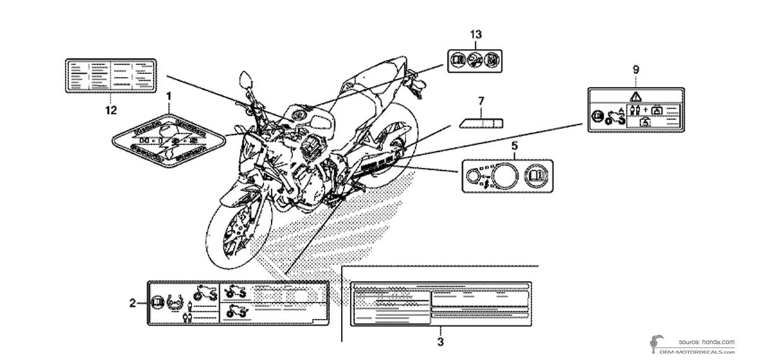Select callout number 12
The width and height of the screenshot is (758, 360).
[111, 111]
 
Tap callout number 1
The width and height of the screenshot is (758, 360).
[169, 96]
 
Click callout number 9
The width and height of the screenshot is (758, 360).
[636, 70]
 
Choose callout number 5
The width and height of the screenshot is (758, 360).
[514, 146]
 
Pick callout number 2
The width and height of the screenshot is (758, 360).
[133, 303]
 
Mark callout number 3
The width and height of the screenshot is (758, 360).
[440, 342]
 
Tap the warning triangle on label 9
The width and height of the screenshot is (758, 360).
[636, 97]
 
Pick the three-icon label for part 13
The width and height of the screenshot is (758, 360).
[471, 60]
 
